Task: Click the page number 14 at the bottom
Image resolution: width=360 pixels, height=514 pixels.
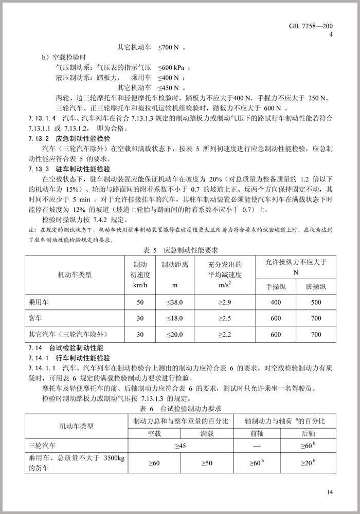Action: (330, 492)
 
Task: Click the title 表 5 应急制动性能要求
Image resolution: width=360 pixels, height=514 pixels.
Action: (180, 250)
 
